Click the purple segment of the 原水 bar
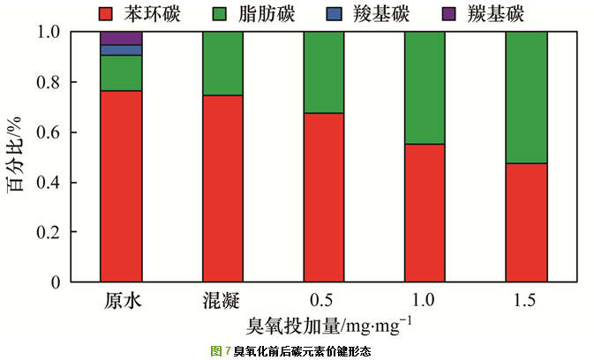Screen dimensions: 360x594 [121, 38]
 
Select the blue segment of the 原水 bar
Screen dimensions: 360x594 [121, 50]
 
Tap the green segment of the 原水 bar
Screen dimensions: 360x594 [121, 73]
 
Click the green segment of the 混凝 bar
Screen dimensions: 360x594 [222, 64]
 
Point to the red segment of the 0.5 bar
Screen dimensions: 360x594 [324, 198]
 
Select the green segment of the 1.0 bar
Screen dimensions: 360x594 [425, 88]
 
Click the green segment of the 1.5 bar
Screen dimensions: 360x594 [526, 97]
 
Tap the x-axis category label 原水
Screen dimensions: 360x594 [121, 301]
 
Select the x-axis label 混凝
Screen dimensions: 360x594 [222, 301]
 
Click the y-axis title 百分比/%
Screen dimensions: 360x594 [18, 157]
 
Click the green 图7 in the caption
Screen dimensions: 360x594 [221, 351]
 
